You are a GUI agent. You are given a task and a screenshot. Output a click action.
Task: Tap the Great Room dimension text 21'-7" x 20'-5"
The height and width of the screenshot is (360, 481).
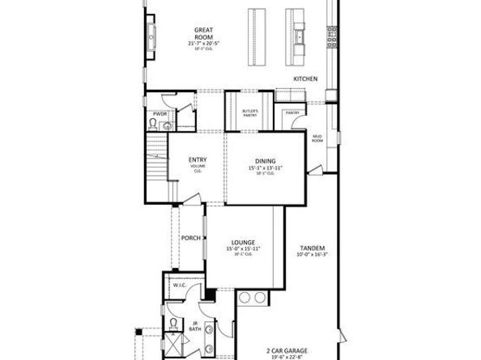[x=197, y=41]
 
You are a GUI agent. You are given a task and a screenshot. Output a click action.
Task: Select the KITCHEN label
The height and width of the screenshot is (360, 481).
[x=305, y=78]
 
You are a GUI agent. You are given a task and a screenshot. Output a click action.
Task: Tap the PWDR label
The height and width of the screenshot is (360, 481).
[x=160, y=115]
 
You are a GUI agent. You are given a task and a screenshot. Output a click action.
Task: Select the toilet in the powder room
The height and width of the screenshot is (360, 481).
[x=159, y=125]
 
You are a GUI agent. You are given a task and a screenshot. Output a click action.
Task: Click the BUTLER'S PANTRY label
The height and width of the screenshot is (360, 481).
[x=249, y=114]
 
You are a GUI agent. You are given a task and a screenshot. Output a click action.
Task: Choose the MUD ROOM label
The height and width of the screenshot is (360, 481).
[x=317, y=139]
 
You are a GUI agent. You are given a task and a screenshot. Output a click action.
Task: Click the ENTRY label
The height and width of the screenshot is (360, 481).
[x=197, y=159]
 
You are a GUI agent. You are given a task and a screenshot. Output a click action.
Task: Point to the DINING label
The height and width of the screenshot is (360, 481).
[x=266, y=162]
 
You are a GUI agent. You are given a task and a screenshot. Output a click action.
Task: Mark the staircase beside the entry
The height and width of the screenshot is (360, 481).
[x=155, y=162]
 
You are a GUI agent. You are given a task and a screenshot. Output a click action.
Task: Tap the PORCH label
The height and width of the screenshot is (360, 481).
[x=191, y=238]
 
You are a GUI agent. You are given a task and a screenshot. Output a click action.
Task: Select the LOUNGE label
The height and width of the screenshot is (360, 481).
[x=243, y=242]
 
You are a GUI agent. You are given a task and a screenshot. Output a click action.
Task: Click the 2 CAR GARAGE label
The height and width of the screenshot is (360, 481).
[x=283, y=349]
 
